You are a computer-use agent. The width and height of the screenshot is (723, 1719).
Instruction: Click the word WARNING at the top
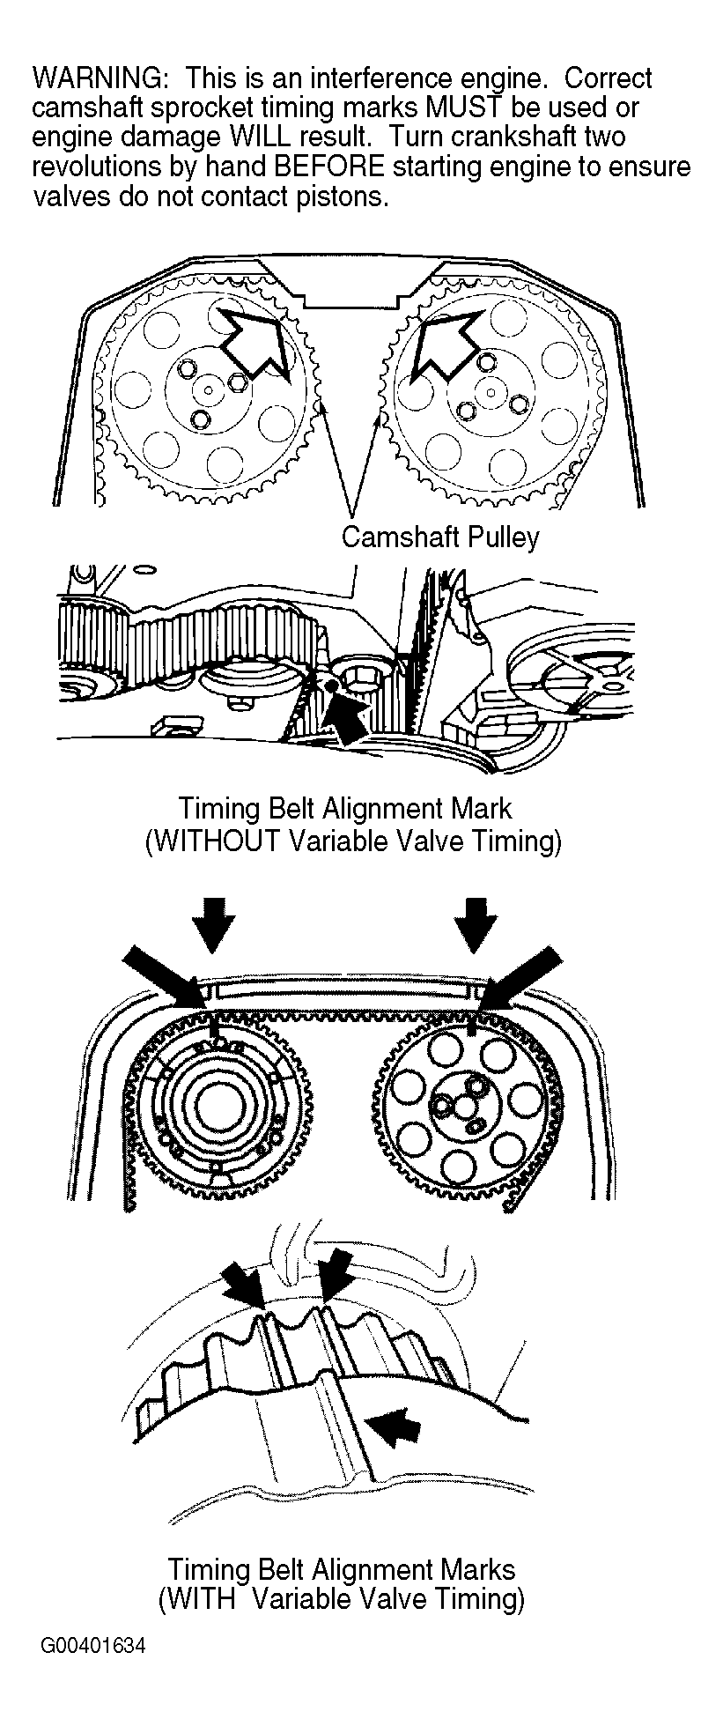click(96, 78)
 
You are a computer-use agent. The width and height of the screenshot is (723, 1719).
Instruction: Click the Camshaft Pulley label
click(439, 537)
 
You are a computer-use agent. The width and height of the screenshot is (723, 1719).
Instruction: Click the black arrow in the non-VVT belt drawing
click(347, 704)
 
